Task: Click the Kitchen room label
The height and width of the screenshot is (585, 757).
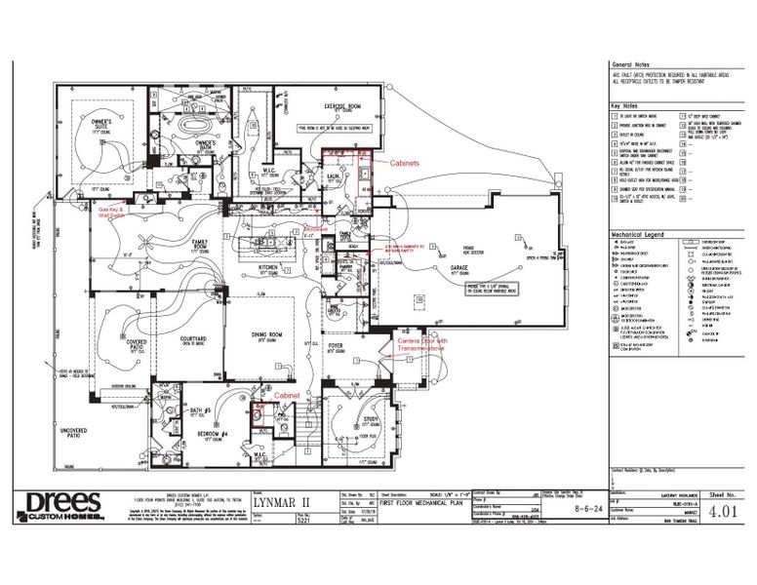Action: pyautogui.click(x=269, y=265)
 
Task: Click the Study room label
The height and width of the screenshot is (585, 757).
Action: pyautogui.click(x=372, y=421)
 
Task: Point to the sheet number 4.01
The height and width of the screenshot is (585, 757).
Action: pyautogui.click(x=723, y=509)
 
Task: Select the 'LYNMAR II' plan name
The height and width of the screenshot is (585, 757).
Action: pyautogui.click(x=281, y=502)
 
